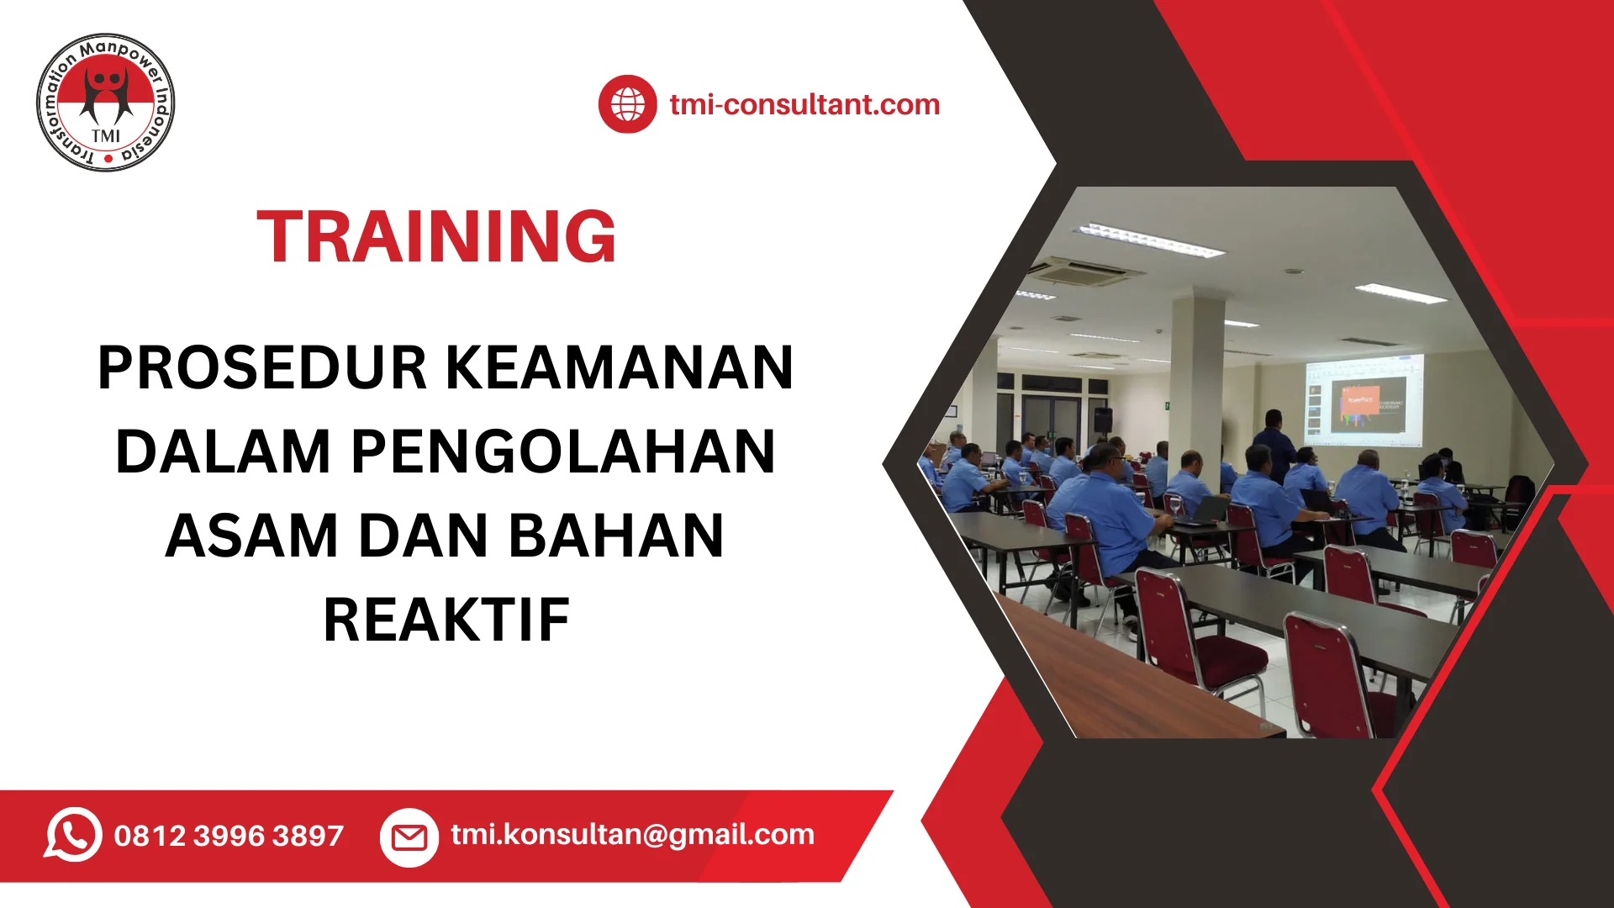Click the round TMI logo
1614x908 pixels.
pos(106,103)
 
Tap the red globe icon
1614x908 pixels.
pos(627,104)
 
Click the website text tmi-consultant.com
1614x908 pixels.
pos(804,104)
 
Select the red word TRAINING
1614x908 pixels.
pos(436,236)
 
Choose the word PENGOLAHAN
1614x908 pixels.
pos(562,451)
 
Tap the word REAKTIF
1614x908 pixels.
pos(446,620)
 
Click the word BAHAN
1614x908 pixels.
pos(616,536)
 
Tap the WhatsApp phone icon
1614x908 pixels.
pos(73,835)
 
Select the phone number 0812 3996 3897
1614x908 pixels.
pos(229,836)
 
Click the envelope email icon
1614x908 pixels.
pos(409,837)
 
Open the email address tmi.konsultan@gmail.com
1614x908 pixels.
pos(632,835)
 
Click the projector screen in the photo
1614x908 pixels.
pos(1363,400)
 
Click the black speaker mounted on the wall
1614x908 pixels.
pos(1102,420)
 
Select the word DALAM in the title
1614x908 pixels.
pos(224,451)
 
